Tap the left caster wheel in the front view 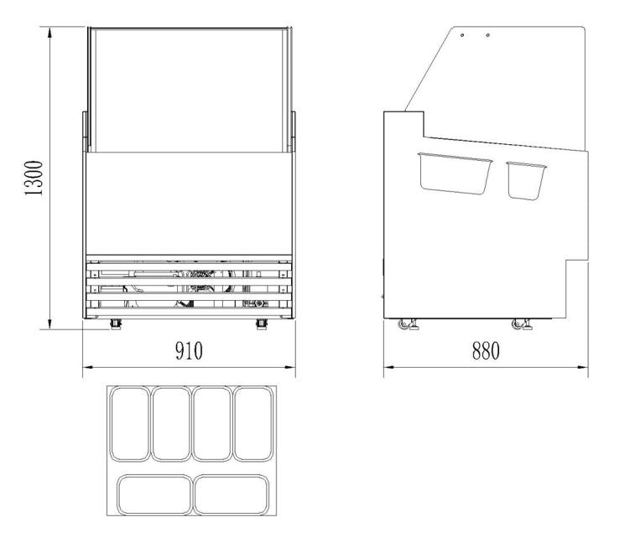114,323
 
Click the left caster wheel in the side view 411,325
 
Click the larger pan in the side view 455,172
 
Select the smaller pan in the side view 527,179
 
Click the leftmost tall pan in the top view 130,424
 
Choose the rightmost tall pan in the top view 253,424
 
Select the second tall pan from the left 171,424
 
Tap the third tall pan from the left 212,424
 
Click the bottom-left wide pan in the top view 151,494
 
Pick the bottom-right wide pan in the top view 233,494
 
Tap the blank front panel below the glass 189,203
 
